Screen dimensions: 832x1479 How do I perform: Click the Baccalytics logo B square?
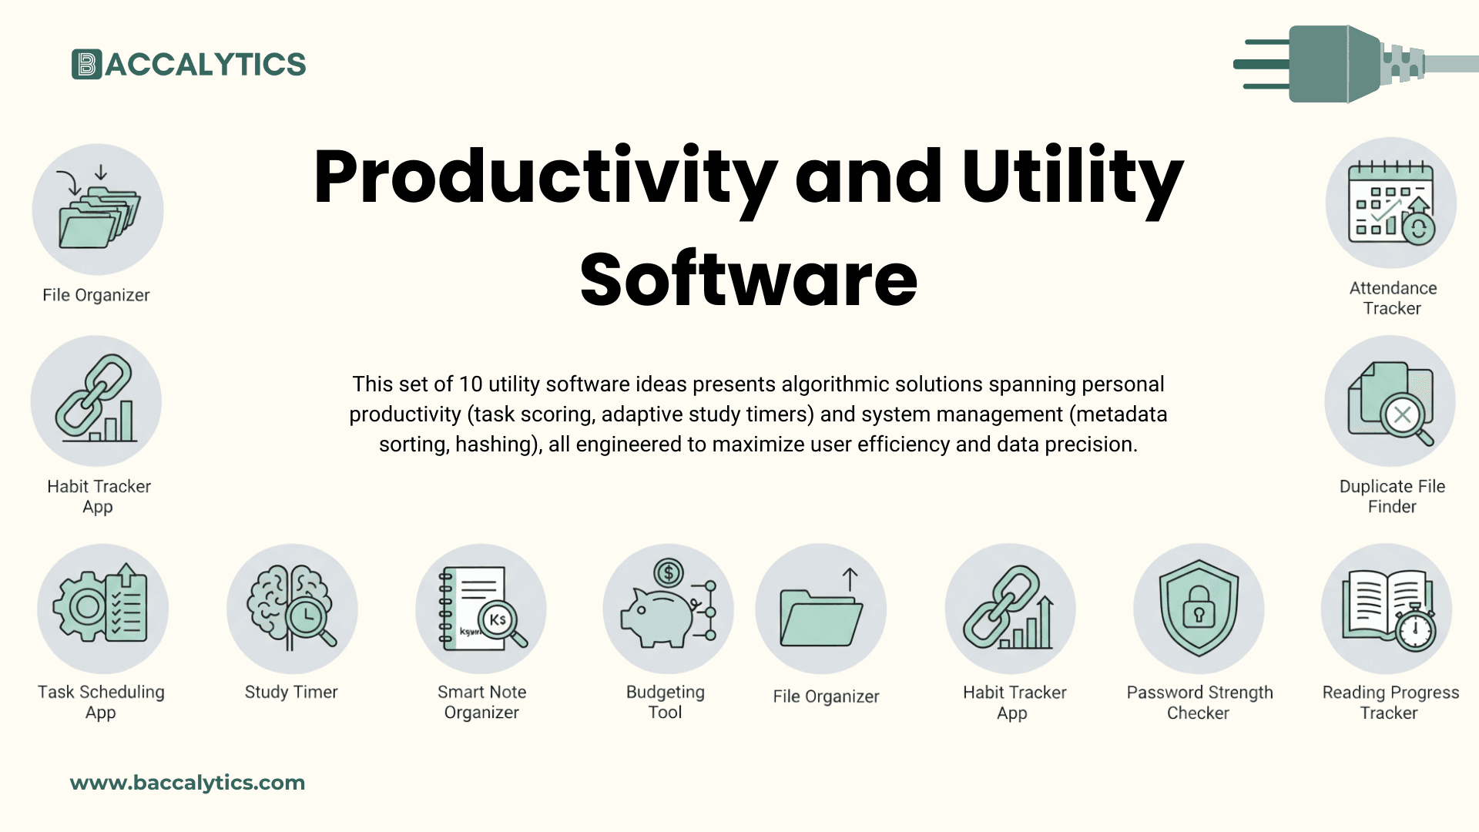point(86,65)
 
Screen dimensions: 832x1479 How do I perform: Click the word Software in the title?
point(748,279)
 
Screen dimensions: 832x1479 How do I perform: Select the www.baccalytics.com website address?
point(187,783)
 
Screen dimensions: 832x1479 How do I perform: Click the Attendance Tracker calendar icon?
point(1390,203)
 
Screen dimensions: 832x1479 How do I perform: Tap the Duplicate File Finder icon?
point(1390,401)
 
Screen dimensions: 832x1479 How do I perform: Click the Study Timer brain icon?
point(292,609)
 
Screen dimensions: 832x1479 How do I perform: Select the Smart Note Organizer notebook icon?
point(481,609)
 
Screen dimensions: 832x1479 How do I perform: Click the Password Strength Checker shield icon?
point(1199,609)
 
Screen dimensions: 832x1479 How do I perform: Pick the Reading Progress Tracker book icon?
point(1387,609)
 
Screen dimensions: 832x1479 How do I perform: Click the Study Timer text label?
point(291,692)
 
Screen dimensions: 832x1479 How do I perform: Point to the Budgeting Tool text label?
point(666,702)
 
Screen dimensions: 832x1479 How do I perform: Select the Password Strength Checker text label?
point(1199,703)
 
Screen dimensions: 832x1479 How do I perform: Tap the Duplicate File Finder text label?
point(1392,496)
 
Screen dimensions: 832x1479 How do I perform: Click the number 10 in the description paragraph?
point(470,384)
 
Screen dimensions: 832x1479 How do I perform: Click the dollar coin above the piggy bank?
point(668,572)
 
